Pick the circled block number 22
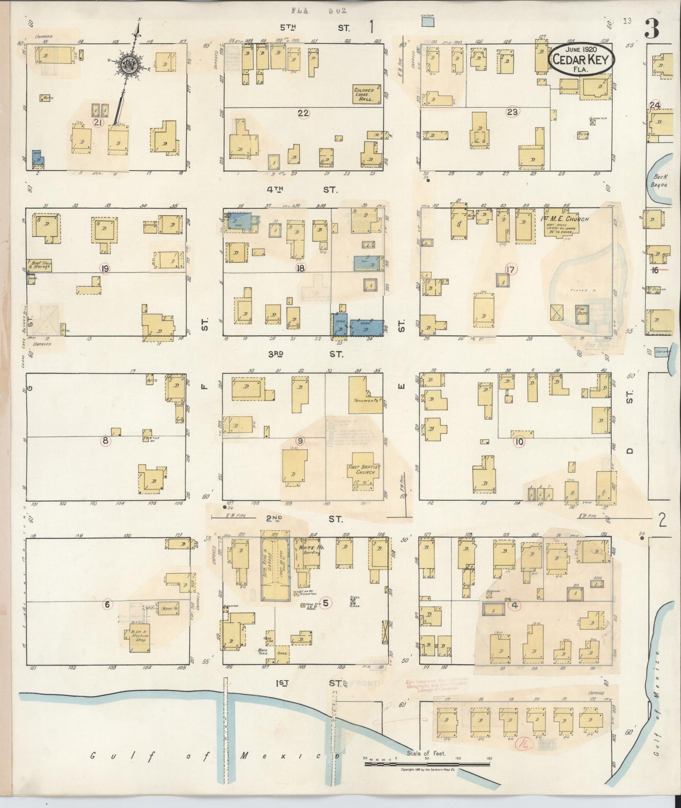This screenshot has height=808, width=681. point(303,113)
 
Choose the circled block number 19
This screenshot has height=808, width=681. point(105,269)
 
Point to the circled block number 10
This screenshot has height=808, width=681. point(519,442)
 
